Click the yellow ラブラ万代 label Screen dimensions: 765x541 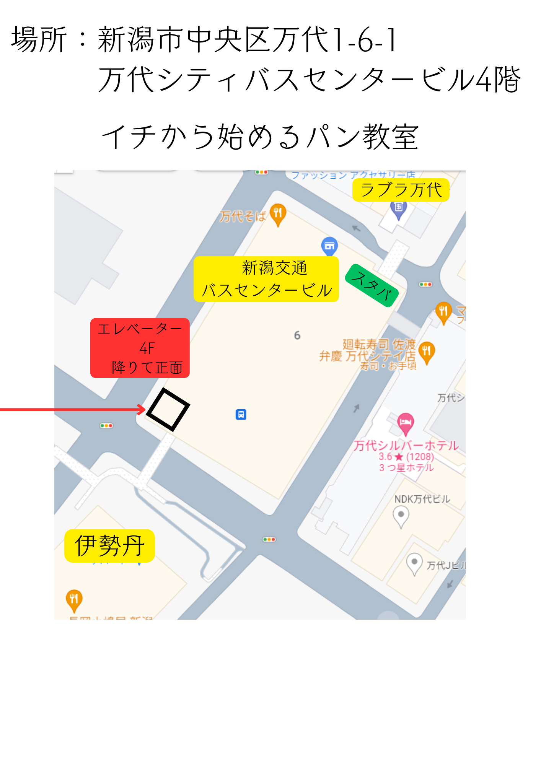pos(401,190)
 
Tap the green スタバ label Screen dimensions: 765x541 pos(372,285)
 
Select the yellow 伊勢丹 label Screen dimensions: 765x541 pos(109,546)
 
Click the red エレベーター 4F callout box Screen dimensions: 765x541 pos(140,348)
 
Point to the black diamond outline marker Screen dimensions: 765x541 pos(168,409)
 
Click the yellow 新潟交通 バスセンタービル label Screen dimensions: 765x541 pos(266,279)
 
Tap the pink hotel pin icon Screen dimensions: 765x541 pos(406,423)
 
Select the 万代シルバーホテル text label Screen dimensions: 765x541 pos(406,446)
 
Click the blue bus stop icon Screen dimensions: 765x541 pos(241,414)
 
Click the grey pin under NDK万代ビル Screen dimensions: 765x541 pos(401,515)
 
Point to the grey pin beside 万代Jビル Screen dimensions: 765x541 pos(414,563)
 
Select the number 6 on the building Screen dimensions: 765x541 pos(297,335)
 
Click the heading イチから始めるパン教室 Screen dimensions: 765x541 pos(260,137)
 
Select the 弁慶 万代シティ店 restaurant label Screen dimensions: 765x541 pos(367,356)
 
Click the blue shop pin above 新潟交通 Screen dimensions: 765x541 pos(329,246)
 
